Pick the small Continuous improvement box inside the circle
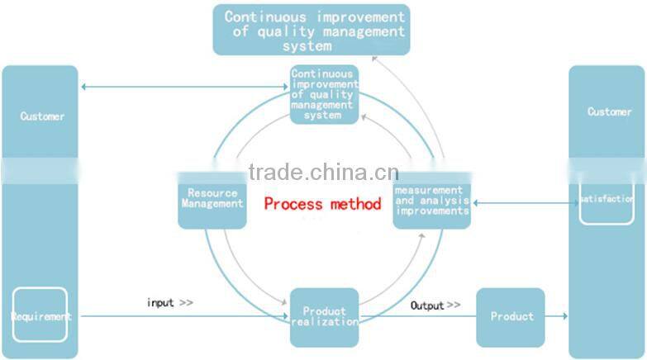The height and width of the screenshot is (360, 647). click(x=325, y=94)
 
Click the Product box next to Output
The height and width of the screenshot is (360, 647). click(x=511, y=317)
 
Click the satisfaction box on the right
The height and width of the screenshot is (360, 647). click(x=607, y=200)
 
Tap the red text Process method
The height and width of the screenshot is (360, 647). click(x=322, y=203)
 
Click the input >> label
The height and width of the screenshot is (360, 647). click(x=169, y=303)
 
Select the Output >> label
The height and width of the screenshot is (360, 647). click(x=435, y=306)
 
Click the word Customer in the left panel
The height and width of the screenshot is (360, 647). click(x=42, y=116)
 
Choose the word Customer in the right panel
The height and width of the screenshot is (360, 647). click(x=609, y=111)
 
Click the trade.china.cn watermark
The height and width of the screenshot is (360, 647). click(x=323, y=173)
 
